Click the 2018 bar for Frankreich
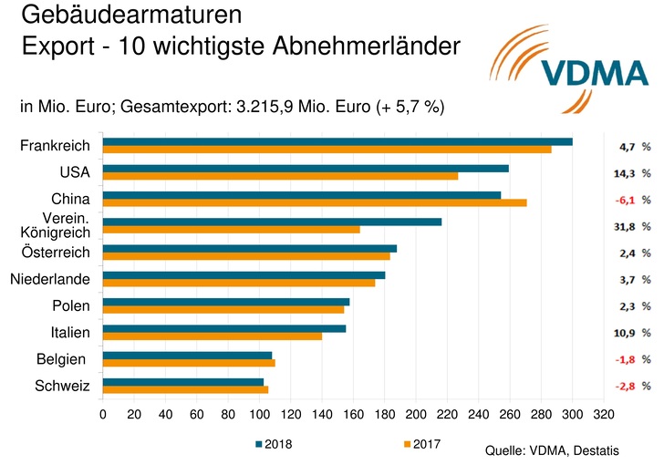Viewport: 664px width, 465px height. [337, 141]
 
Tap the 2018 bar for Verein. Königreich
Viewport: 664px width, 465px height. [272, 222]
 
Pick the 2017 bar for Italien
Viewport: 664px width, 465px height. [212, 336]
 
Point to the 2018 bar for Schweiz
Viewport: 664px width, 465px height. [182, 381]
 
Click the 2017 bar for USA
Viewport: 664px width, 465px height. [280, 176]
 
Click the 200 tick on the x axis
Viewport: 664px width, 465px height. [416, 414]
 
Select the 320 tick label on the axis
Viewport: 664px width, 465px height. [604, 414]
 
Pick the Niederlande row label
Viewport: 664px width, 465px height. [50, 278]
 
